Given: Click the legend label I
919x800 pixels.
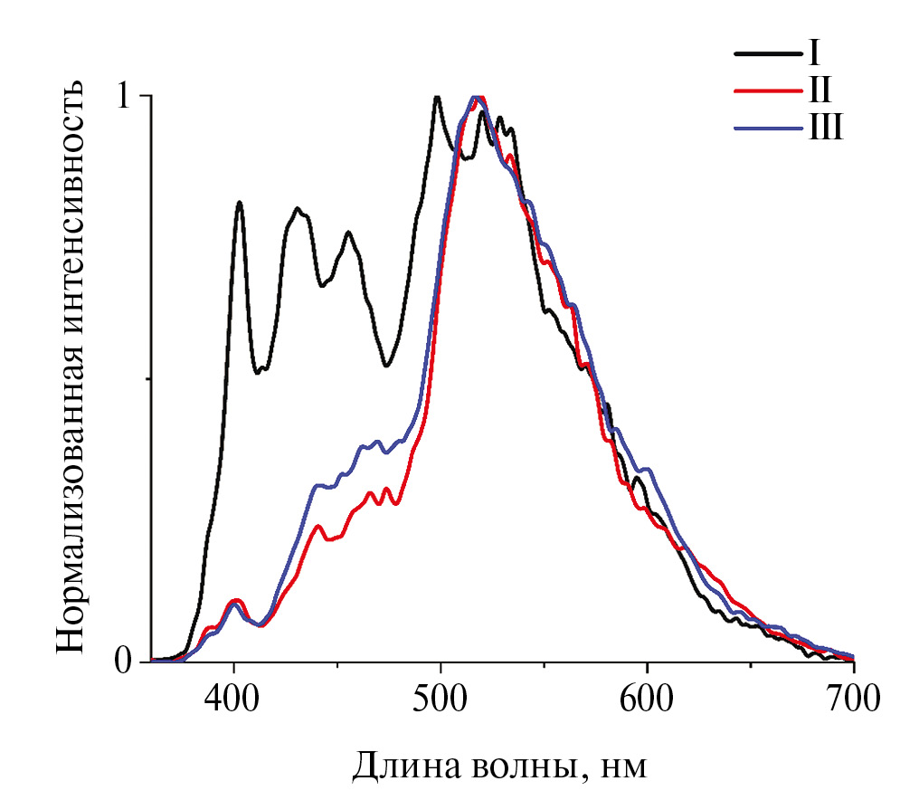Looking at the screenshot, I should click(x=814, y=53).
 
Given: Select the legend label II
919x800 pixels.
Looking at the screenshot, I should click(x=820, y=91).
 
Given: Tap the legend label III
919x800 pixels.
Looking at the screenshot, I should click(x=825, y=129).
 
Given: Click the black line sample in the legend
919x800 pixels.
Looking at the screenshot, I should click(x=767, y=54).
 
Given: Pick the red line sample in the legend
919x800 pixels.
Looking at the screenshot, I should click(x=767, y=92).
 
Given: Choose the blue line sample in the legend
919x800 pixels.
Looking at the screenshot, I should click(x=767, y=130).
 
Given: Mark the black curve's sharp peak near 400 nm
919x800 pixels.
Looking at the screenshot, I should click(x=239, y=203).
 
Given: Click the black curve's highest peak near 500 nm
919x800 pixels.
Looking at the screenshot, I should click(x=437, y=97).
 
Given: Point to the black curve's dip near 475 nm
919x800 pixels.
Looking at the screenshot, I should click(x=386, y=365).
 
